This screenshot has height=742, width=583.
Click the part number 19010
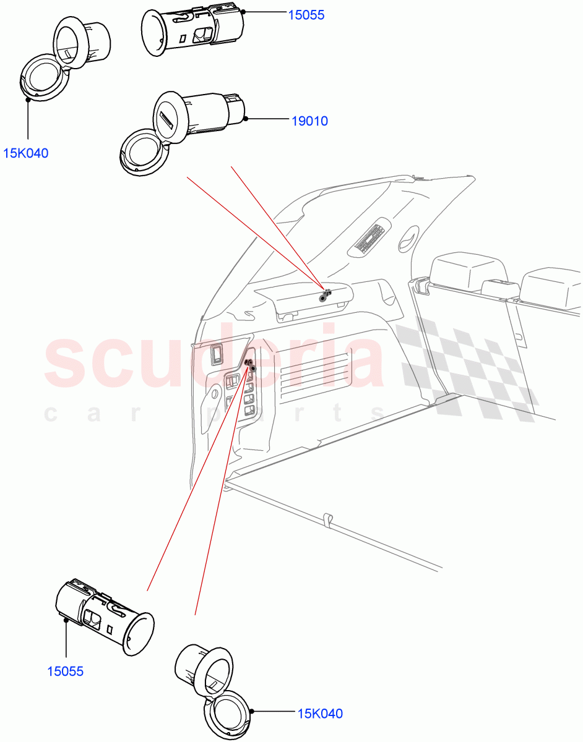309,121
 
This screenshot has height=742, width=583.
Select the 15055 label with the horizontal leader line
306,14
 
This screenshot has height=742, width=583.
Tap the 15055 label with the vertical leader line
65,671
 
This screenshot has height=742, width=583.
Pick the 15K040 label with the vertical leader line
26,153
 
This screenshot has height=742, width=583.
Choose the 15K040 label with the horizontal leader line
319,714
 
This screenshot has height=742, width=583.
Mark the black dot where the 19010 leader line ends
246,119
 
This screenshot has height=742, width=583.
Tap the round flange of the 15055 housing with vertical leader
138,634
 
